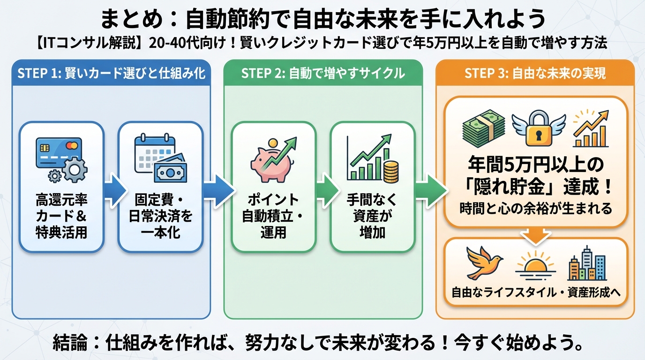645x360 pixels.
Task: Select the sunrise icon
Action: (x=535, y=265)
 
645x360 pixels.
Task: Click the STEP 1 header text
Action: (x=111, y=74)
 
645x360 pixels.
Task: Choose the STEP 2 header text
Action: (x=323, y=74)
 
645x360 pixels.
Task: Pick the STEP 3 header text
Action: (x=535, y=74)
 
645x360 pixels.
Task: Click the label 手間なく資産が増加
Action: (x=372, y=216)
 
